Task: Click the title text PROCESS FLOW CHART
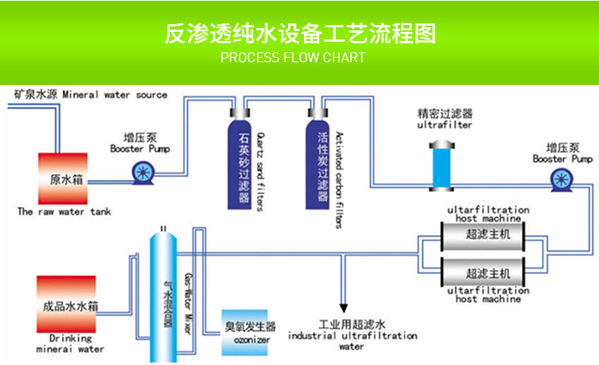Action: pos(293,58)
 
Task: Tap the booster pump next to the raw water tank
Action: pos(140,174)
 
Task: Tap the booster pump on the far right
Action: pos(562,178)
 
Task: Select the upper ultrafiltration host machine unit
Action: pos(488,234)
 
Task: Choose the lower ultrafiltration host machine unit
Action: pos(488,272)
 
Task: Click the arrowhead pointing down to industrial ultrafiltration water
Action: pos(343,309)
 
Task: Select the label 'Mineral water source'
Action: pos(114,95)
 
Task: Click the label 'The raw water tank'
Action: pos(64,212)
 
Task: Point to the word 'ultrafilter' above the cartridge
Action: pos(444,124)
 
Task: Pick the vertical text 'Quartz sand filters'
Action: pos(259,163)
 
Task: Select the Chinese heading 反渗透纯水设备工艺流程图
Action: pos(300,34)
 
